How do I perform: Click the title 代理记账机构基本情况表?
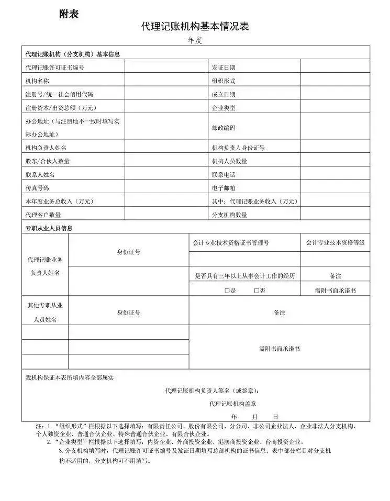pyautogui.click(x=195, y=27)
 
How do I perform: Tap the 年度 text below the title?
pyautogui.click(x=195, y=40)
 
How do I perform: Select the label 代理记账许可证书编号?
pyautogui.click(x=54, y=67)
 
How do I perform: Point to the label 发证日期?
pyautogui.click(x=224, y=67)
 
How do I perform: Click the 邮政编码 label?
pyautogui.click(x=224, y=127)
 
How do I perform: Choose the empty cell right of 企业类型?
pyautogui.click(x=335, y=107)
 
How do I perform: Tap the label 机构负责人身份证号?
pyautogui.click(x=238, y=148)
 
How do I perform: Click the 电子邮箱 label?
pyautogui.click(x=224, y=187)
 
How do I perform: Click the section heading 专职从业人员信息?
pyautogui.click(x=49, y=228)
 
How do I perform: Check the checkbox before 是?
pyautogui.click(x=227, y=290)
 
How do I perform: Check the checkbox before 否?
pyautogui.click(x=257, y=290)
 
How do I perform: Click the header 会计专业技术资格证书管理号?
pyautogui.click(x=231, y=242)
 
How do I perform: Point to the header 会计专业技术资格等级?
pyautogui.click(x=336, y=242)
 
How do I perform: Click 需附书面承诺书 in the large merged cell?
pyautogui.click(x=280, y=348)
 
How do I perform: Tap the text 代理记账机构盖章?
pyautogui.click(x=233, y=403)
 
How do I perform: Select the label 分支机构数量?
pyautogui.click(x=229, y=215)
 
